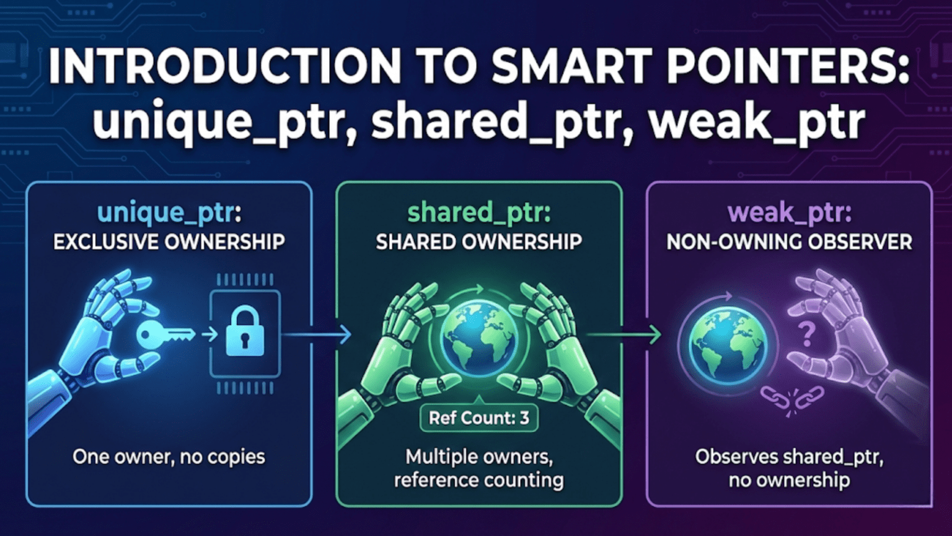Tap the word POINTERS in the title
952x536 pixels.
(x=787, y=66)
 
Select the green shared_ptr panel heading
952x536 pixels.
(x=478, y=213)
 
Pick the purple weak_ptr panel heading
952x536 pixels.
(x=789, y=213)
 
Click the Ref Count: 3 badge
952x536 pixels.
(x=478, y=418)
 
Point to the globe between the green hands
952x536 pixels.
(x=478, y=339)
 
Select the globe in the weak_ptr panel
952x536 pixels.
(x=728, y=345)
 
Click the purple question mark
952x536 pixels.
(x=806, y=334)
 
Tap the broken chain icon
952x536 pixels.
(x=791, y=398)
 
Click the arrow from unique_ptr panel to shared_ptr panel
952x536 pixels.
(x=316, y=335)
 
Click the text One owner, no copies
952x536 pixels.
(x=169, y=457)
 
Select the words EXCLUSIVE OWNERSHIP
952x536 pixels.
(x=169, y=242)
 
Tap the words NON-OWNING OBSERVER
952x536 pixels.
(x=789, y=242)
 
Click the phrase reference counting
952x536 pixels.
(x=478, y=480)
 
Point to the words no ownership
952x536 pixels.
(x=789, y=480)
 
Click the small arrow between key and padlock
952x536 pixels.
(x=209, y=335)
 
